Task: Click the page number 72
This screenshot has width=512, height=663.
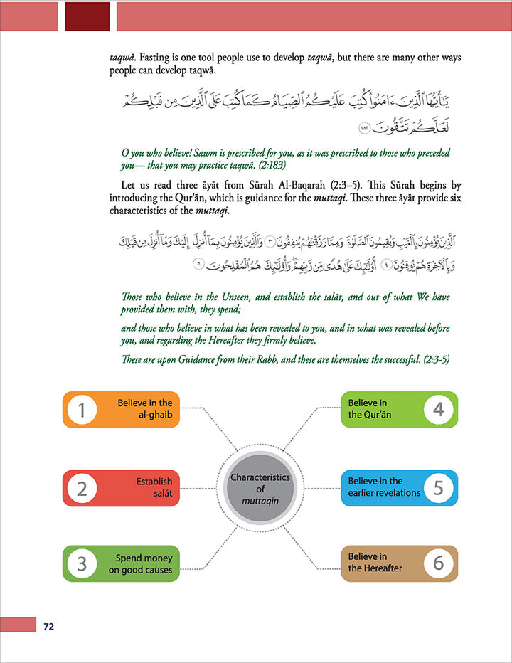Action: (48, 627)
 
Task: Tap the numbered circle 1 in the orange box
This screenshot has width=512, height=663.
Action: (82, 410)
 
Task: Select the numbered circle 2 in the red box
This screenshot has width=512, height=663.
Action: (82, 489)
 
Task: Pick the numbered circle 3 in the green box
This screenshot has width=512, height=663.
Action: (82, 564)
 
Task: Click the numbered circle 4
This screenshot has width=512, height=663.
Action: (438, 410)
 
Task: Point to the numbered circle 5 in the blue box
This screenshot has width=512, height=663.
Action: (438, 488)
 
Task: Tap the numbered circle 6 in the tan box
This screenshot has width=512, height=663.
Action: (438, 563)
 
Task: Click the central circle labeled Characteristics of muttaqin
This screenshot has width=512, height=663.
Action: (260, 488)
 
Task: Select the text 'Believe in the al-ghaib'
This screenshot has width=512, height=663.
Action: (145, 408)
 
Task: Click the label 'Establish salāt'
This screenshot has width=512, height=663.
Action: (154, 487)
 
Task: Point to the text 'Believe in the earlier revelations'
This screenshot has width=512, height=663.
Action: (385, 487)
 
